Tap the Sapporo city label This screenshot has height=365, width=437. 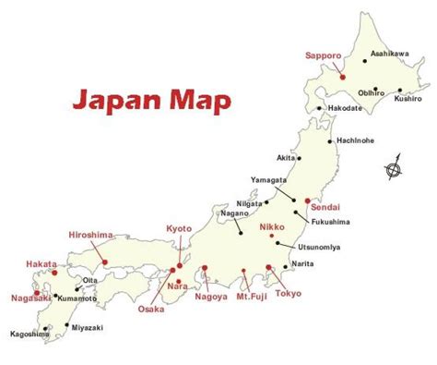click(x=325, y=56)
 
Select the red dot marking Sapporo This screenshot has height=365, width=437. click(x=342, y=77)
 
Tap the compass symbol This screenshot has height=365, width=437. click(x=394, y=169)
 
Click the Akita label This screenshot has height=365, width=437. click(x=289, y=158)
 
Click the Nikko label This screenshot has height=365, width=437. click(x=270, y=224)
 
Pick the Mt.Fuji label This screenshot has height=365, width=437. click(x=247, y=297)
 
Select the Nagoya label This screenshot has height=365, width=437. click(x=209, y=298)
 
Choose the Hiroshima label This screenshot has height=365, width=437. click(x=89, y=236)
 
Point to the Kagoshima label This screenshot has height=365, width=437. click(x=30, y=334)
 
